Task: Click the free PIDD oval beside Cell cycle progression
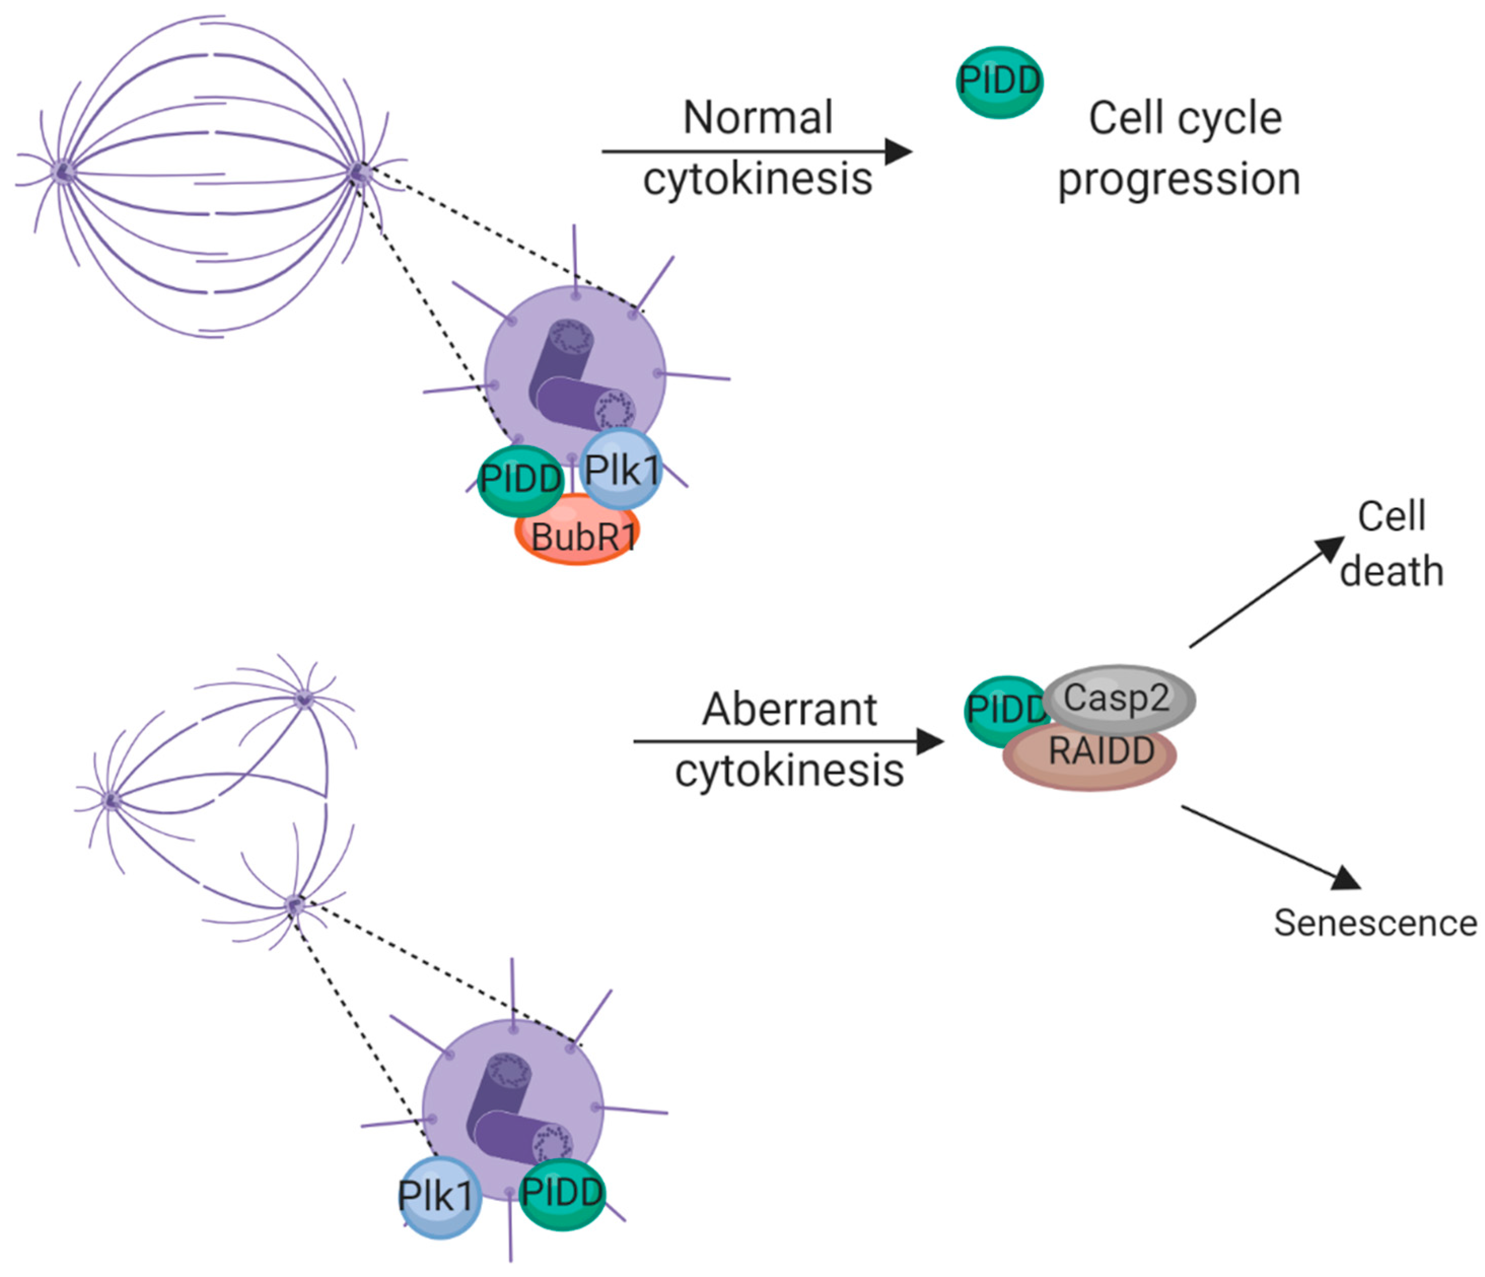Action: (999, 82)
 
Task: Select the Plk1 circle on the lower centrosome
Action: (439, 1197)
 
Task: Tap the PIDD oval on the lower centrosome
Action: (562, 1193)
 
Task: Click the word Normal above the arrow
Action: (758, 118)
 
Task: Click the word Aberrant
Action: (789, 710)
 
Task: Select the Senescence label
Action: (1374, 923)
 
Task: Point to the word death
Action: (1391, 572)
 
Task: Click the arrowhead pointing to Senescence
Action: (1346, 878)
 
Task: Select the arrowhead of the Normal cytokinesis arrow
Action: (899, 151)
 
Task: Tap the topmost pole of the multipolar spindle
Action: (305, 699)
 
